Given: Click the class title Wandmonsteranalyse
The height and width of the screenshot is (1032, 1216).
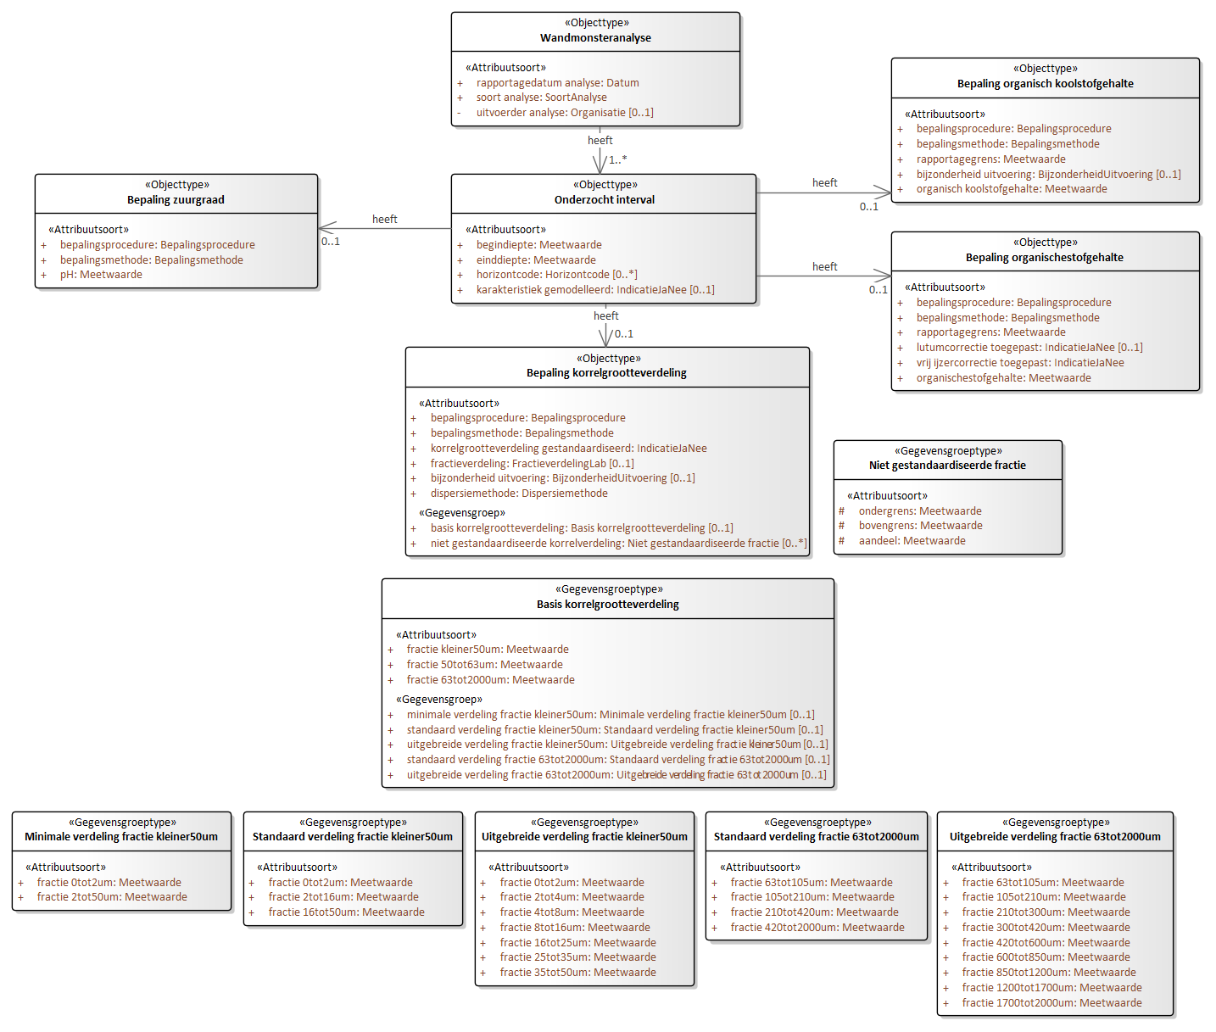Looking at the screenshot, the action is pos(595,37).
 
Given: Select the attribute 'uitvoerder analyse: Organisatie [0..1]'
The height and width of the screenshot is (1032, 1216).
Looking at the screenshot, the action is pos(565,113).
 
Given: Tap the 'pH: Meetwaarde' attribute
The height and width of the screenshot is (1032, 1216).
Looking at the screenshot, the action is pos(101,274).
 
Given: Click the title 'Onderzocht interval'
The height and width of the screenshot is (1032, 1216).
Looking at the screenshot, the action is pos(604,199).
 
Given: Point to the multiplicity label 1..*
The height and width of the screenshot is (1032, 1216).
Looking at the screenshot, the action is pos(617,159).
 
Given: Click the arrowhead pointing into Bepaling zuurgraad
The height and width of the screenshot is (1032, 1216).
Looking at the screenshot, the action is pos(327,228).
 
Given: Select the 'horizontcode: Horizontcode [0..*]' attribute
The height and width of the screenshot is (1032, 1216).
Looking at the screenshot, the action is pos(556,274).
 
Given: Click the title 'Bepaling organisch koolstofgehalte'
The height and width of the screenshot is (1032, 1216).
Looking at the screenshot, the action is pos(1045,84).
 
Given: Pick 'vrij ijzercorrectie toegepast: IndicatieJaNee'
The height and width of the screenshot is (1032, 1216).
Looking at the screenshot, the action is pos(1019,362).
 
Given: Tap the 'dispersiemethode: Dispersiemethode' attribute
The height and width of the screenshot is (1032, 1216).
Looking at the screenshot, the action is pos(519,493).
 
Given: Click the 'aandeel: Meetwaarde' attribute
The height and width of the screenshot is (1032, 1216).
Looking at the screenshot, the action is pos(912,540).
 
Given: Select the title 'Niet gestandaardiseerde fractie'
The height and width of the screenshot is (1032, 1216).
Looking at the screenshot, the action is pos(947,465).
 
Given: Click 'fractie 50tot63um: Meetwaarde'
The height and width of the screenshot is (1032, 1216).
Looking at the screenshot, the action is pos(485,664).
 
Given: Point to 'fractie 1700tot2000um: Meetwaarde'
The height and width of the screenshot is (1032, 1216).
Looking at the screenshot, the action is pos(1051,1002).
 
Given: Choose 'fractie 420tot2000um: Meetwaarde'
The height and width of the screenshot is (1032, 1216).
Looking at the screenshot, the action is pos(817,927).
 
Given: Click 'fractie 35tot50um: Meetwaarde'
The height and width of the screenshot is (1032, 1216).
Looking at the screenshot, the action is pos(577,972).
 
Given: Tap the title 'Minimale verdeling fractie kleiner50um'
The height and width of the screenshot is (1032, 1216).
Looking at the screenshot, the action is pos(121,836).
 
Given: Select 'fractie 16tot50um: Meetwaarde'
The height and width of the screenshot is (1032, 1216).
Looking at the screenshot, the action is pos(347,912).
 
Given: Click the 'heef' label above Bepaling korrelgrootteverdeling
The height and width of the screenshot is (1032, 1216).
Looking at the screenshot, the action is pos(606,316).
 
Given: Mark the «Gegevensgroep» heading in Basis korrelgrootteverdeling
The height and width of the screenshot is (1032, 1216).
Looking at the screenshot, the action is pos(439,699).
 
